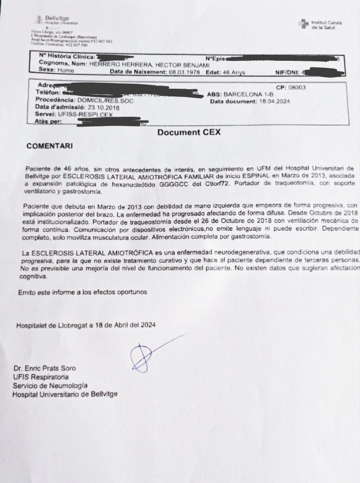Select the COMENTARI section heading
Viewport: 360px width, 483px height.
[49, 146]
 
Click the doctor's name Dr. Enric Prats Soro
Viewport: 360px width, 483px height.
[44, 369]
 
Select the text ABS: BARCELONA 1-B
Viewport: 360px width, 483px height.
[239, 94]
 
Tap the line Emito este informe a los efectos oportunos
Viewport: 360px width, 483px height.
[83, 292]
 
